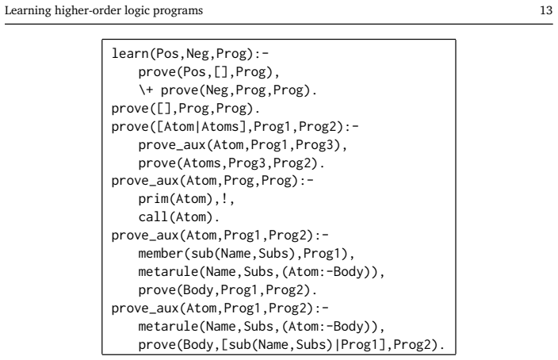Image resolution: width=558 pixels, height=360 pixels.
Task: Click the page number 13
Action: coord(546,10)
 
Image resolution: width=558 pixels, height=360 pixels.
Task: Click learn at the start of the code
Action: coord(130,53)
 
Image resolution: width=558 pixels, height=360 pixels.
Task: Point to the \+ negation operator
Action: coord(147,90)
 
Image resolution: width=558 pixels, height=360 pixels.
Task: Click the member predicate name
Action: coord(161,253)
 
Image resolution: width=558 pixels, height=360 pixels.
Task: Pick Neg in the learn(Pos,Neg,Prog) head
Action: coord(197,53)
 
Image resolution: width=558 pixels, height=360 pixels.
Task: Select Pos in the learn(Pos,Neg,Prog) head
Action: coord(167,53)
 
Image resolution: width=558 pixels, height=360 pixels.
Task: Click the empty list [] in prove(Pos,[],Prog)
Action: coord(220,72)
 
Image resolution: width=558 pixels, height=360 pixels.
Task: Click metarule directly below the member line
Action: coord(168,272)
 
